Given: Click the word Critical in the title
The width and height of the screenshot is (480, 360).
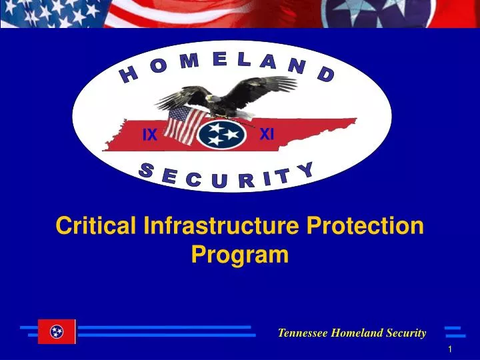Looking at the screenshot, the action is [x=96, y=225].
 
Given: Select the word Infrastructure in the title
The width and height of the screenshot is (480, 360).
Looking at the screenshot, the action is [x=221, y=225].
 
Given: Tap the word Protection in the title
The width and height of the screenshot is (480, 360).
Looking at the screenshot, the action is [x=365, y=225].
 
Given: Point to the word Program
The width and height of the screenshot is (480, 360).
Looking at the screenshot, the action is [x=240, y=255].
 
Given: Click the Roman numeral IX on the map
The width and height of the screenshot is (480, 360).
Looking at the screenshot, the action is [x=150, y=135].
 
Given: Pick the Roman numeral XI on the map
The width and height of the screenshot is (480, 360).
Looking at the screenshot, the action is [x=267, y=134].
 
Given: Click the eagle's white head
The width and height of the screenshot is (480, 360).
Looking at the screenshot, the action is [x=212, y=98].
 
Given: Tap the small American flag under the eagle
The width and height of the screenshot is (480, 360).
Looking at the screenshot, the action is [x=184, y=125].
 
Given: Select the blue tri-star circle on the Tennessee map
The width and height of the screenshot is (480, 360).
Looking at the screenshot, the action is [x=221, y=135].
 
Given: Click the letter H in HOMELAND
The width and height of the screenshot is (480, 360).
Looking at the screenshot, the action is [x=129, y=75].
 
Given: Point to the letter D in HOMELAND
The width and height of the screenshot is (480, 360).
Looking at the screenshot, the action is [x=326, y=74].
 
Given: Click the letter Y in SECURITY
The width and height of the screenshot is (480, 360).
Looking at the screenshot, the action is [x=306, y=169].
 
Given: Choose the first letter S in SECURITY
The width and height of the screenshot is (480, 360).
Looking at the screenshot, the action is [x=146, y=171].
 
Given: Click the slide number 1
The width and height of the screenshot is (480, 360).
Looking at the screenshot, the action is [x=450, y=349].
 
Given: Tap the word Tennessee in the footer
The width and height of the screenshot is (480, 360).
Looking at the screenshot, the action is [x=303, y=333].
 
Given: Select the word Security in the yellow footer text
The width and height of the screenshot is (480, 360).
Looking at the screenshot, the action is [x=406, y=333].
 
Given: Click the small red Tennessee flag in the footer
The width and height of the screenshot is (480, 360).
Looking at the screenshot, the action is [x=57, y=331].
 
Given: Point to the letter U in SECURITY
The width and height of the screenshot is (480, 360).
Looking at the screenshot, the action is [x=219, y=181].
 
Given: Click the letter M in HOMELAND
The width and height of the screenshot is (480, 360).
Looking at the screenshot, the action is [x=189, y=61].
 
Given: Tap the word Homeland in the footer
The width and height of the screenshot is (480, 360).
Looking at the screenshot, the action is [x=357, y=333].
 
